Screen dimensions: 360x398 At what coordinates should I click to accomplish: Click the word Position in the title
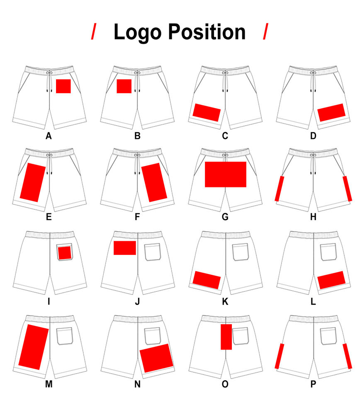[207, 32]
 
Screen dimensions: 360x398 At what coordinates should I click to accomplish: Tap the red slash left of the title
[94, 32]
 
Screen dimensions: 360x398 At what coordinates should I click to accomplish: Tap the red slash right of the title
[265, 32]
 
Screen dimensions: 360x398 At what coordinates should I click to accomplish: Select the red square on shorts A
[63, 86]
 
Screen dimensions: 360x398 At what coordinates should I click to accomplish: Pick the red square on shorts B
[124, 86]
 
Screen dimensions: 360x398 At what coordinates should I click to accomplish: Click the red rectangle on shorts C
[207, 112]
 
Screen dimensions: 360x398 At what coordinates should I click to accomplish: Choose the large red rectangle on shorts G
[226, 175]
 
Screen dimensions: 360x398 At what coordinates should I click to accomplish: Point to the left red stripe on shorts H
[280, 189]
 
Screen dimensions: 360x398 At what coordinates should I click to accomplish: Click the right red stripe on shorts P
[347, 356]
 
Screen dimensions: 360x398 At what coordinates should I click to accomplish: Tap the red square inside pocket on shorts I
[64, 253]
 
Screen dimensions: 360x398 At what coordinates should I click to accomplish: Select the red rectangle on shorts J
[125, 248]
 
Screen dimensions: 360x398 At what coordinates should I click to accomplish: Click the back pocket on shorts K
[241, 252]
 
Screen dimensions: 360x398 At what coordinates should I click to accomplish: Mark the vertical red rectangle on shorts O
[226, 337]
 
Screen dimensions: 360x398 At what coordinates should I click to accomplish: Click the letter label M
[49, 384]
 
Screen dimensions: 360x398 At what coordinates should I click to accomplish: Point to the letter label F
[137, 217]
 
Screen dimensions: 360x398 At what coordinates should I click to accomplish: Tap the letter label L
[313, 301]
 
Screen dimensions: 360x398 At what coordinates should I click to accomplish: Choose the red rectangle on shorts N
[156, 358]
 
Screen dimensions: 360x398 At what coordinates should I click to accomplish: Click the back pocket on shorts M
[64, 336]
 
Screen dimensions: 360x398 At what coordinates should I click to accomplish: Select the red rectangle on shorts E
[33, 182]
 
